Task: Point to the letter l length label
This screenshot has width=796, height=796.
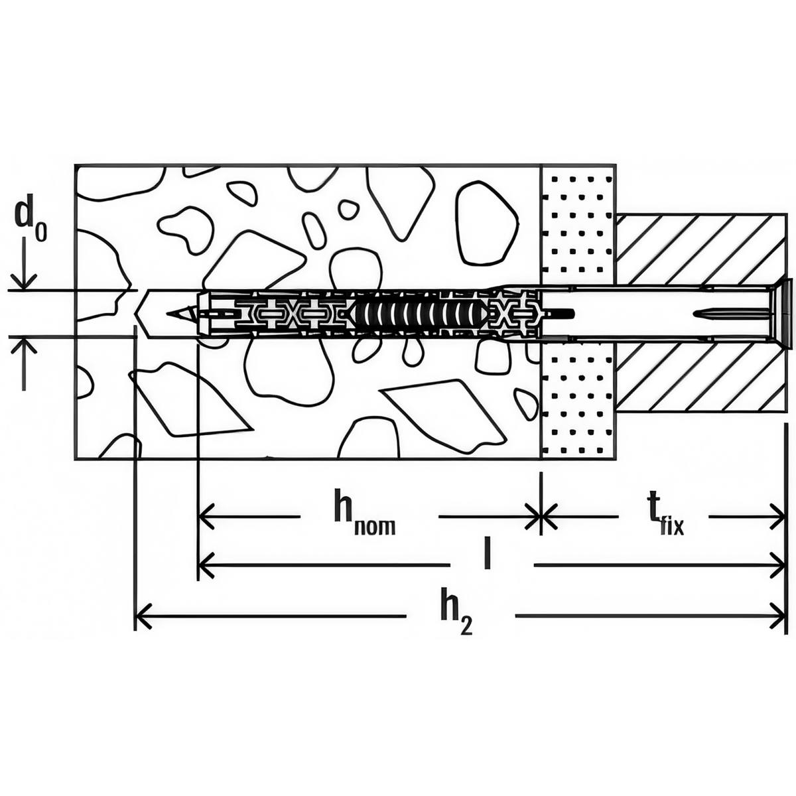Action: pos(488,556)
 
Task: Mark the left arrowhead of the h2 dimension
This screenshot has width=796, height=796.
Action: pos(141,616)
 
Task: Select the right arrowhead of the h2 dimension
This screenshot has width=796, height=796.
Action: pos(779,616)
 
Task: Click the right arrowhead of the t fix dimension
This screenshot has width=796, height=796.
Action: pos(779,515)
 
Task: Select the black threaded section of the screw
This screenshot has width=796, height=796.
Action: pos(418,313)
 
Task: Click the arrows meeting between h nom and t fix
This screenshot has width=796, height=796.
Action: pos(541,515)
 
